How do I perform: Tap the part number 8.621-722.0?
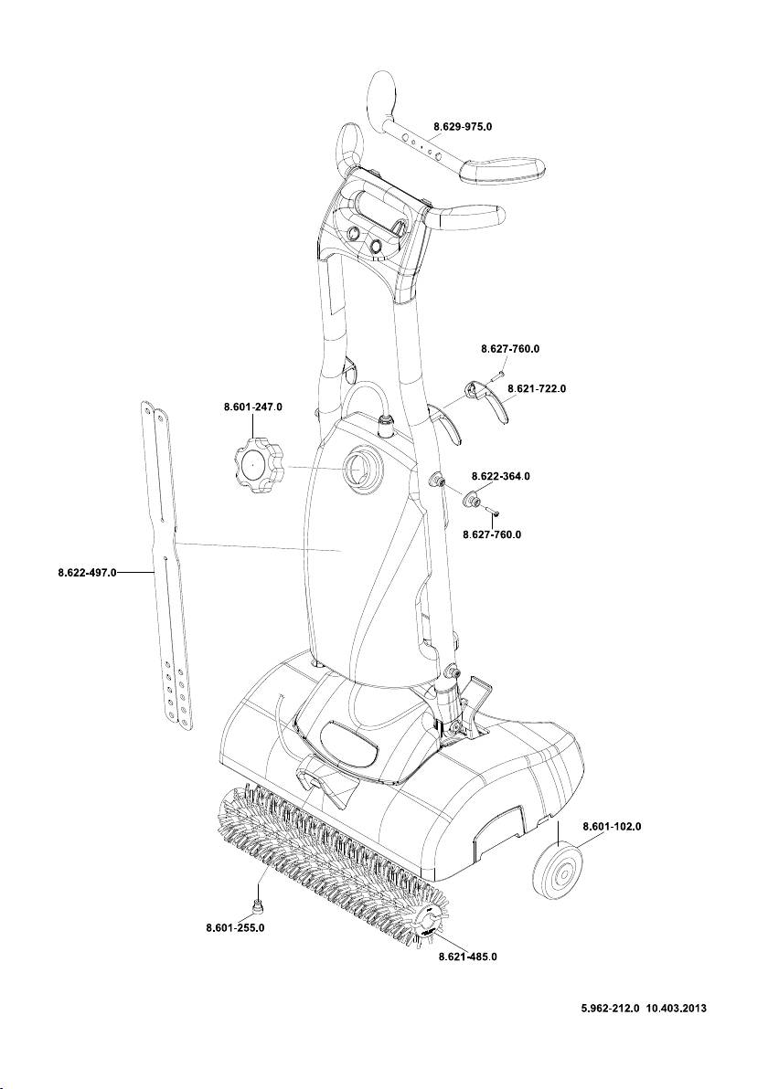click(537, 388)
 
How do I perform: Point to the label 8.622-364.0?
click(500, 477)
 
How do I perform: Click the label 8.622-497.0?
click(87, 574)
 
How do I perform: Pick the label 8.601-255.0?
click(235, 928)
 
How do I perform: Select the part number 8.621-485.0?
click(469, 957)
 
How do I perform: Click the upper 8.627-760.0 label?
click(510, 349)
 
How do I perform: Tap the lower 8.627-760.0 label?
click(492, 534)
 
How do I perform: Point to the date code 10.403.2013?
click(677, 1010)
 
